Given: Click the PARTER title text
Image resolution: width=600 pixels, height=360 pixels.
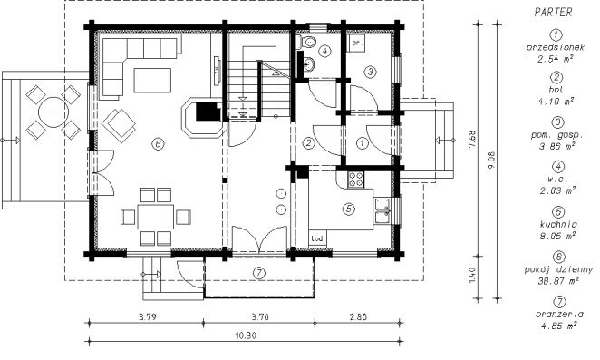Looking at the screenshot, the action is [x=553, y=13].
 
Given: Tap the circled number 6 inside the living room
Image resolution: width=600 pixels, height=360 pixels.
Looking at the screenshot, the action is [x=158, y=143].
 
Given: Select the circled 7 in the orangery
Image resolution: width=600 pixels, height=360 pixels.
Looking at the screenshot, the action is [x=259, y=273].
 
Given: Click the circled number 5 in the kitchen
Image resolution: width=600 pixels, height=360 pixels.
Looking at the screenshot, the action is [x=349, y=209].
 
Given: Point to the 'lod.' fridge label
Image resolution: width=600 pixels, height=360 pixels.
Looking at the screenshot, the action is [x=318, y=238].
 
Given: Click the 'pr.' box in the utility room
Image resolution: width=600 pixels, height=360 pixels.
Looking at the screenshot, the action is [x=356, y=43].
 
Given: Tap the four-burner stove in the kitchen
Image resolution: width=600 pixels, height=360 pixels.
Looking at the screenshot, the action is [x=356, y=180].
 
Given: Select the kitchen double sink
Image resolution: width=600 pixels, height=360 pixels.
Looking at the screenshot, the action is [x=382, y=210].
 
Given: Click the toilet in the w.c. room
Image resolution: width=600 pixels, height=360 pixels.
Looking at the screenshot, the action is [x=306, y=42].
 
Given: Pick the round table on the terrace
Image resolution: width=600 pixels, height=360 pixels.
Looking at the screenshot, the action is [x=53, y=112].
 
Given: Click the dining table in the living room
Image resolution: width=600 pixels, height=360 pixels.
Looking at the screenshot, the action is [x=156, y=217].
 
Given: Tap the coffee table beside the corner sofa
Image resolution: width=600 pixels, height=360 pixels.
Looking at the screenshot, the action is [x=152, y=81].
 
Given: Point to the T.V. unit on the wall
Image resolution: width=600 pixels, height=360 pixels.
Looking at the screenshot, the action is [x=217, y=71].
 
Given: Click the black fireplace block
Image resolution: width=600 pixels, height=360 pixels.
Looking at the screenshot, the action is [x=208, y=112].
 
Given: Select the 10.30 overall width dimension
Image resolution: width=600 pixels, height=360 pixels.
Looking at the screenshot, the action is [x=246, y=336].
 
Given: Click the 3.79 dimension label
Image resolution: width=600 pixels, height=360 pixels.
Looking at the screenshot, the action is [x=147, y=317].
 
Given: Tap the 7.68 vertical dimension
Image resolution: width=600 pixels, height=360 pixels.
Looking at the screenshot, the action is [x=472, y=141].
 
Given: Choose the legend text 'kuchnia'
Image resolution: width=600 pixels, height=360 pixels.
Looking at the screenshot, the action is [x=558, y=224].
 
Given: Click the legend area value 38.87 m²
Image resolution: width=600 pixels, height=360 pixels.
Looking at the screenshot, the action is [x=558, y=281].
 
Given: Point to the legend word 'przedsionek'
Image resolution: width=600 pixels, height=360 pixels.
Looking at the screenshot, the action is [x=556, y=47].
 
